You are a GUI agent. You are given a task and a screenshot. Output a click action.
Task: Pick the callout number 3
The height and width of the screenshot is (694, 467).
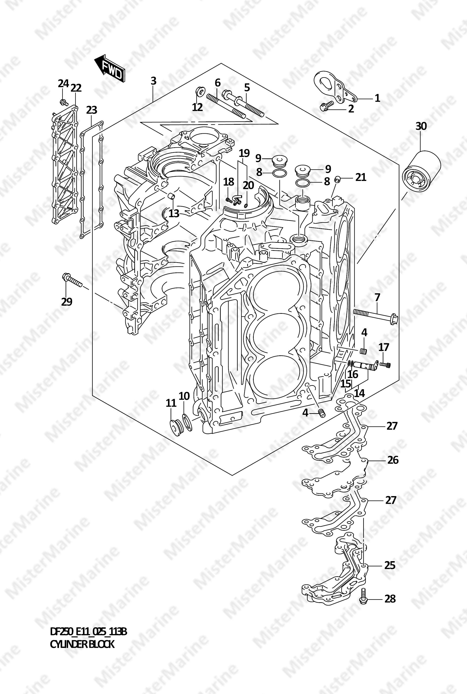pyautogui.click(x=153, y=81)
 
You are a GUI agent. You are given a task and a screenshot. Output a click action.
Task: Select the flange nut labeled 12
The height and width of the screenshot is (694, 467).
pyautogui.click(x=200, y=91)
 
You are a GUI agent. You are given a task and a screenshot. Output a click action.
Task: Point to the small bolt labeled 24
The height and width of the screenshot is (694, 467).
pyautogui.click(x=63, y=102)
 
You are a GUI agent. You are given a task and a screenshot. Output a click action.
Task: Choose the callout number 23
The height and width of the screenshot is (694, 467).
pyautogui.click(x=92, y=110)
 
